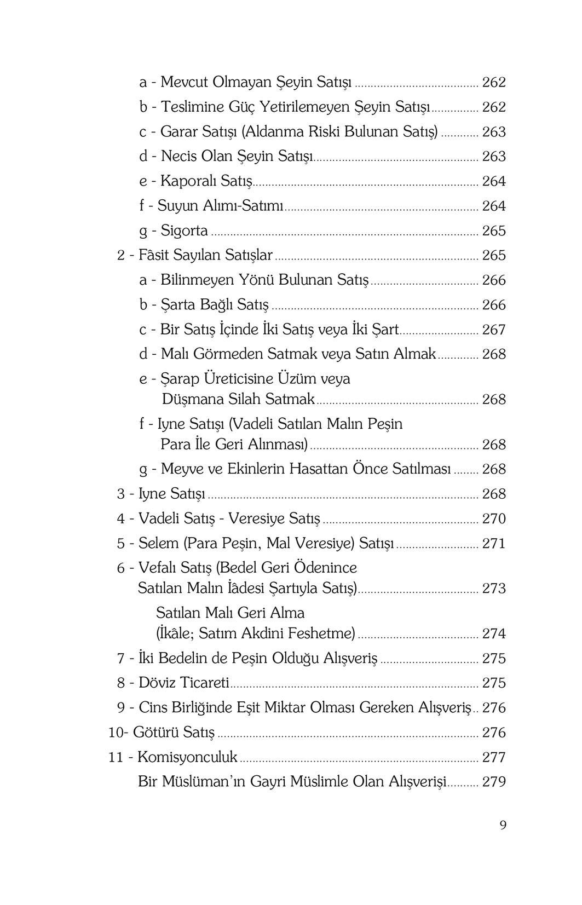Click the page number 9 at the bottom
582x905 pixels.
pos(503,825)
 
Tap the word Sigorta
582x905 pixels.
pos(184,231)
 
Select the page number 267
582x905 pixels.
pos(494,330)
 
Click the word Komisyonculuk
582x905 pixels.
pos(187,757)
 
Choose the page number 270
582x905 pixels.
pos(494,518)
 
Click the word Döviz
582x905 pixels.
pos(158,683)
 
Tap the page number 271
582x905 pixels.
pos(494,543)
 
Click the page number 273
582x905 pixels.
pos(494,589)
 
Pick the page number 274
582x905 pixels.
pos(494,633)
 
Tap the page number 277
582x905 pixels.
pos(494,757)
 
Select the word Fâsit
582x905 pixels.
pos(154,255)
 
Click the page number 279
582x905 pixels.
pos(494,782)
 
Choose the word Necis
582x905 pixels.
pos(179,157)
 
